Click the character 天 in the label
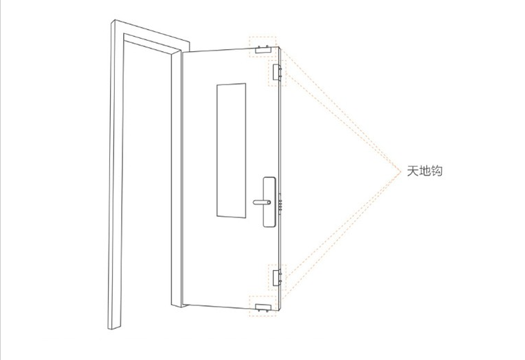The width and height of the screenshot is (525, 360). point(412,171)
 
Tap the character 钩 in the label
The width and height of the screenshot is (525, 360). point(436,171)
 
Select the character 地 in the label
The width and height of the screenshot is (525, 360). point(424,171)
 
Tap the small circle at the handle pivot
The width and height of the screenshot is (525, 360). point(268,202)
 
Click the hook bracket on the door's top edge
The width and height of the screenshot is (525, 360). point(263,49)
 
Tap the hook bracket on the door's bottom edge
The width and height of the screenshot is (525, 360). point(262,305)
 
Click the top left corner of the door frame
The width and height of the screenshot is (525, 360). point(111,25)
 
